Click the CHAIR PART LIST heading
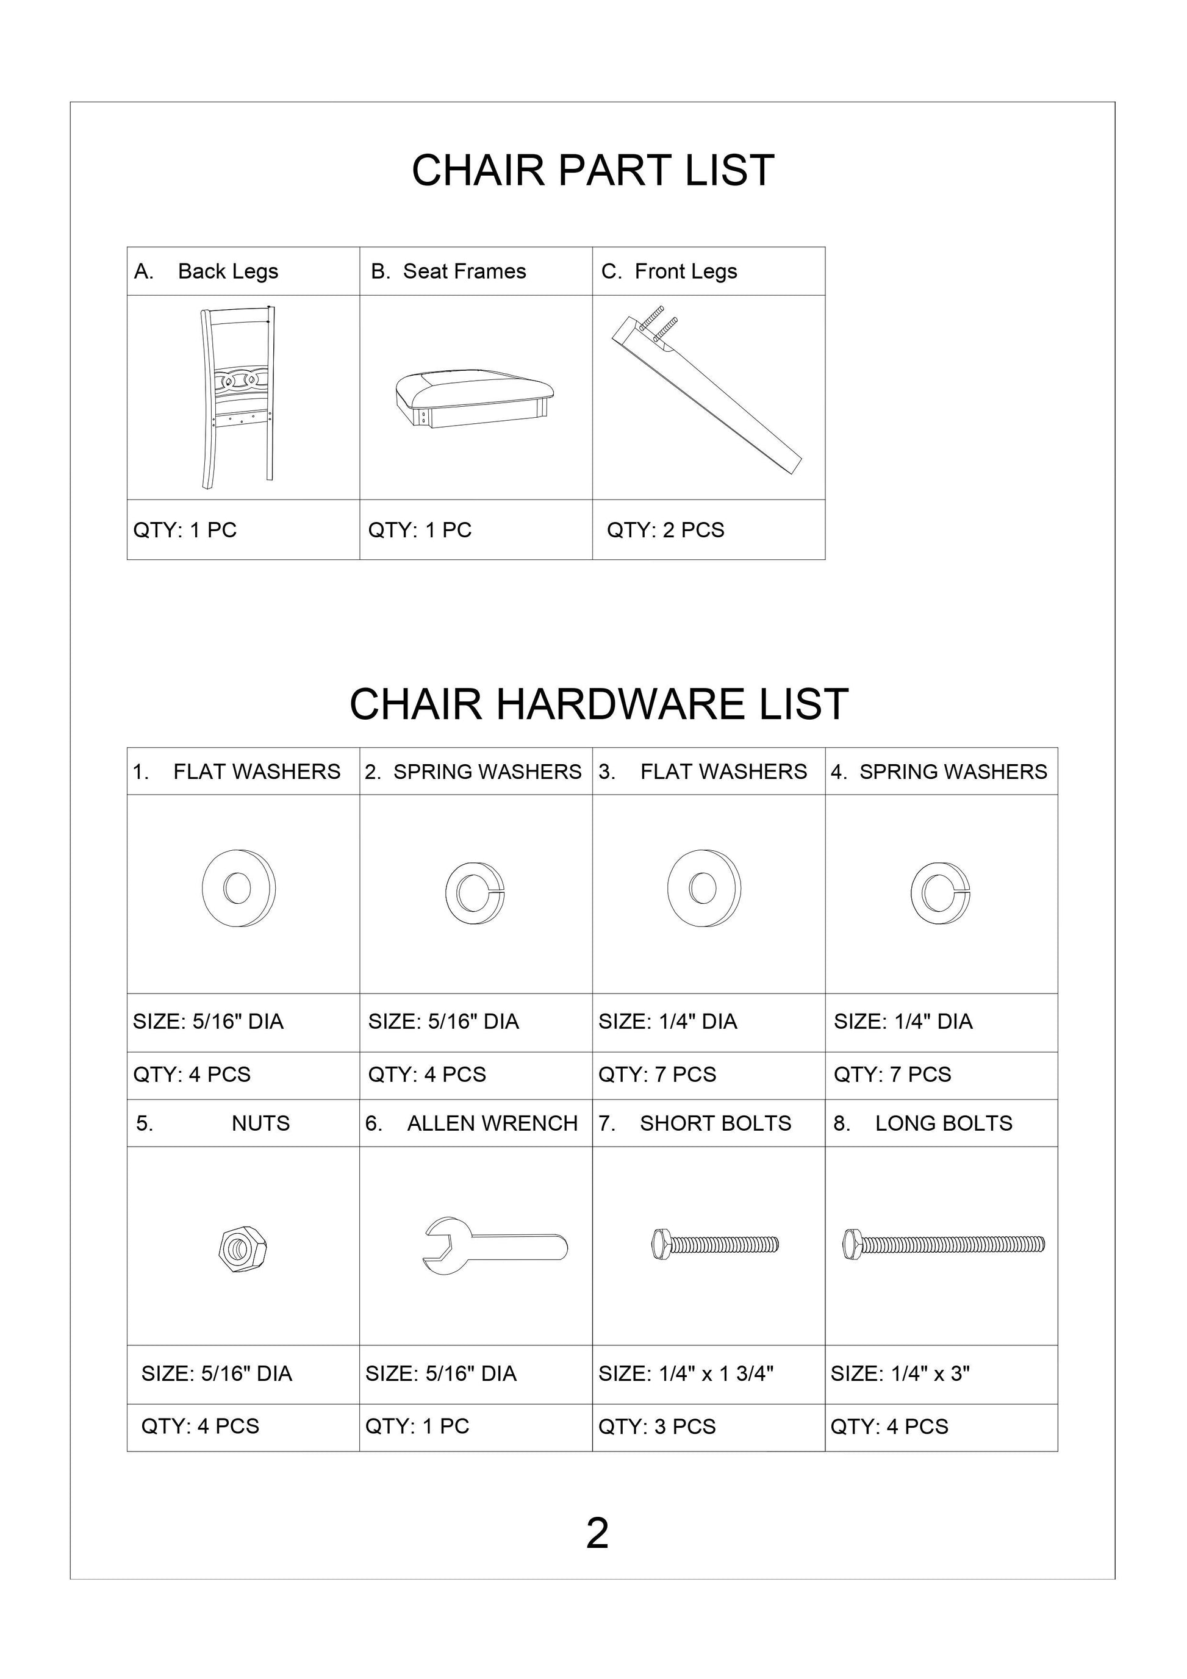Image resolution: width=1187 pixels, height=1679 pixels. [x=592, y=170]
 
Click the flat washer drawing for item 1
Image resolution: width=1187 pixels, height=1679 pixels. [x=238, y=888]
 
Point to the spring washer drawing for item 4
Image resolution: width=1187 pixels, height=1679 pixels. [x=941, y=893]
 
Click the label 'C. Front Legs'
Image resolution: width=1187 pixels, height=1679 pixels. [x=669, y=271]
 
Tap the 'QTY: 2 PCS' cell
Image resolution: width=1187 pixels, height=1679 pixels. [x=665, y=530]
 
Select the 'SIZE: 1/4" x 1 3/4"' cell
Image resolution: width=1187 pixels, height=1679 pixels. [x=685, y=1373]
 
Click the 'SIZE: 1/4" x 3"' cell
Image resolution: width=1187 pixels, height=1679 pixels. [x=900, y=1373]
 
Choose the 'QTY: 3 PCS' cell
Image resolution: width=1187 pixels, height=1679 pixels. [x=657, y=1426]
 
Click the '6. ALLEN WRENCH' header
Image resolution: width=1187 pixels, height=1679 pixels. [x=472, y=1123]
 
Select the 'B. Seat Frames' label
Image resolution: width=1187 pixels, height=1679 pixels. [x=448, y=271]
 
